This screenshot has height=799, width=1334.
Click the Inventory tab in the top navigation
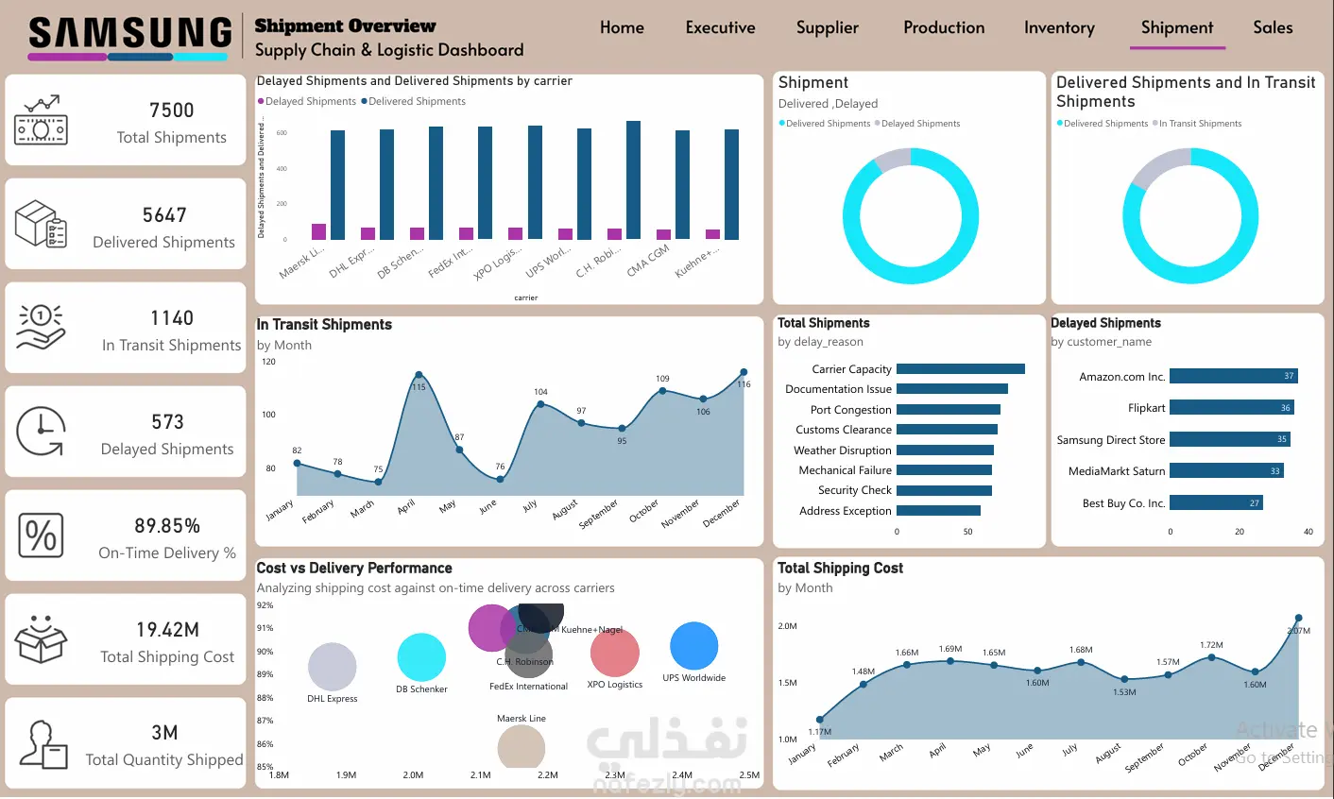(1059, 28)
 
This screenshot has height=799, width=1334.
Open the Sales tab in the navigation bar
(1272, 28)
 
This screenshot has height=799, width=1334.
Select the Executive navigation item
(720, 28)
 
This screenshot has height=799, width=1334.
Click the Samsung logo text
(129, 34)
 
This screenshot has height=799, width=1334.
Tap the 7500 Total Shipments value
(171, 110)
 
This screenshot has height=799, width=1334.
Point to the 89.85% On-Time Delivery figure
(167, 526)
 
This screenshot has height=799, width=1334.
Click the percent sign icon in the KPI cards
(41, 535)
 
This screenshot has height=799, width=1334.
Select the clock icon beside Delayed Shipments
(41, 432)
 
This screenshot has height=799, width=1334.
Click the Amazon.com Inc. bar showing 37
(1233, 376)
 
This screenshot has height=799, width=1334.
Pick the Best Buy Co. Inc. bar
(1216, 502)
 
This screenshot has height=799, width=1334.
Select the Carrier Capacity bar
(960, 369)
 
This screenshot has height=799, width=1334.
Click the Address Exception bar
(938, 511)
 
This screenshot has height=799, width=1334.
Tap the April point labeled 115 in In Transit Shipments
(419, 375)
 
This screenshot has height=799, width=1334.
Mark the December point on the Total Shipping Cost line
(1298, 619)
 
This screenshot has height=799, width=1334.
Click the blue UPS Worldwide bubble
(694, 646)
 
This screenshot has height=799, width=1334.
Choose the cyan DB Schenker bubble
(421, 657)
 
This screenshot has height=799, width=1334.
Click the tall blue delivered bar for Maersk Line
(337, 184)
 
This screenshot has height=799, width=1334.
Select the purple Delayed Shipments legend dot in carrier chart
(261, 101)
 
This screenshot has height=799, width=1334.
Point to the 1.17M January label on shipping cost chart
(819, 732)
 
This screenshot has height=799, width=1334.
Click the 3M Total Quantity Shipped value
(164, 733)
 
